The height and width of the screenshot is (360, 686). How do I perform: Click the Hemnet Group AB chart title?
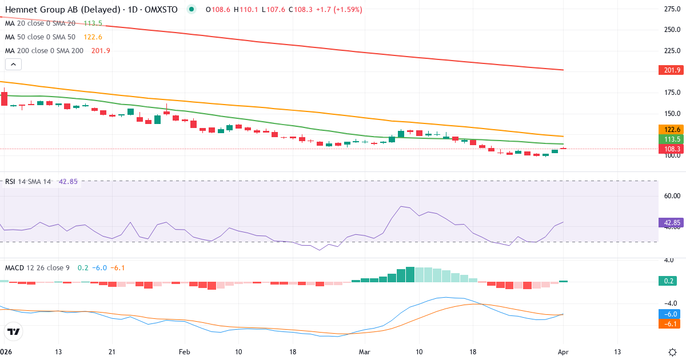pyautogui.click(x=91, y=9)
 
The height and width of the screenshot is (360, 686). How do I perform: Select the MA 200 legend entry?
pyautogui.click(x=45, y=50)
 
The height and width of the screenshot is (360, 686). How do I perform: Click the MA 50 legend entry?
pyautogui.click(x=40, y=37)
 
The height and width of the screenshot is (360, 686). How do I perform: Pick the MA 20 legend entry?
pyautogui.click(x=40, y=23)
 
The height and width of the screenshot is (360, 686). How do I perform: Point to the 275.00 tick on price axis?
pyautogui.click(x=671, y=9)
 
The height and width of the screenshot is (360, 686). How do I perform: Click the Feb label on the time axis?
pyautogui.click(x=184, y=351)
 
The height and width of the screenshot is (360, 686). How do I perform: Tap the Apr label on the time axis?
pyautogui.click(x=564, y=351)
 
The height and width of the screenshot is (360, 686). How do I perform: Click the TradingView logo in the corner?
pyautogui.click(x=14, y=331)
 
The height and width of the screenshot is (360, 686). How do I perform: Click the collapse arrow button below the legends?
pyautogui.click(x=13, y=64)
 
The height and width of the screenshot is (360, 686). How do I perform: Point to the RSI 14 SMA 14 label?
pyautogui.click(x=28, y=182)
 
